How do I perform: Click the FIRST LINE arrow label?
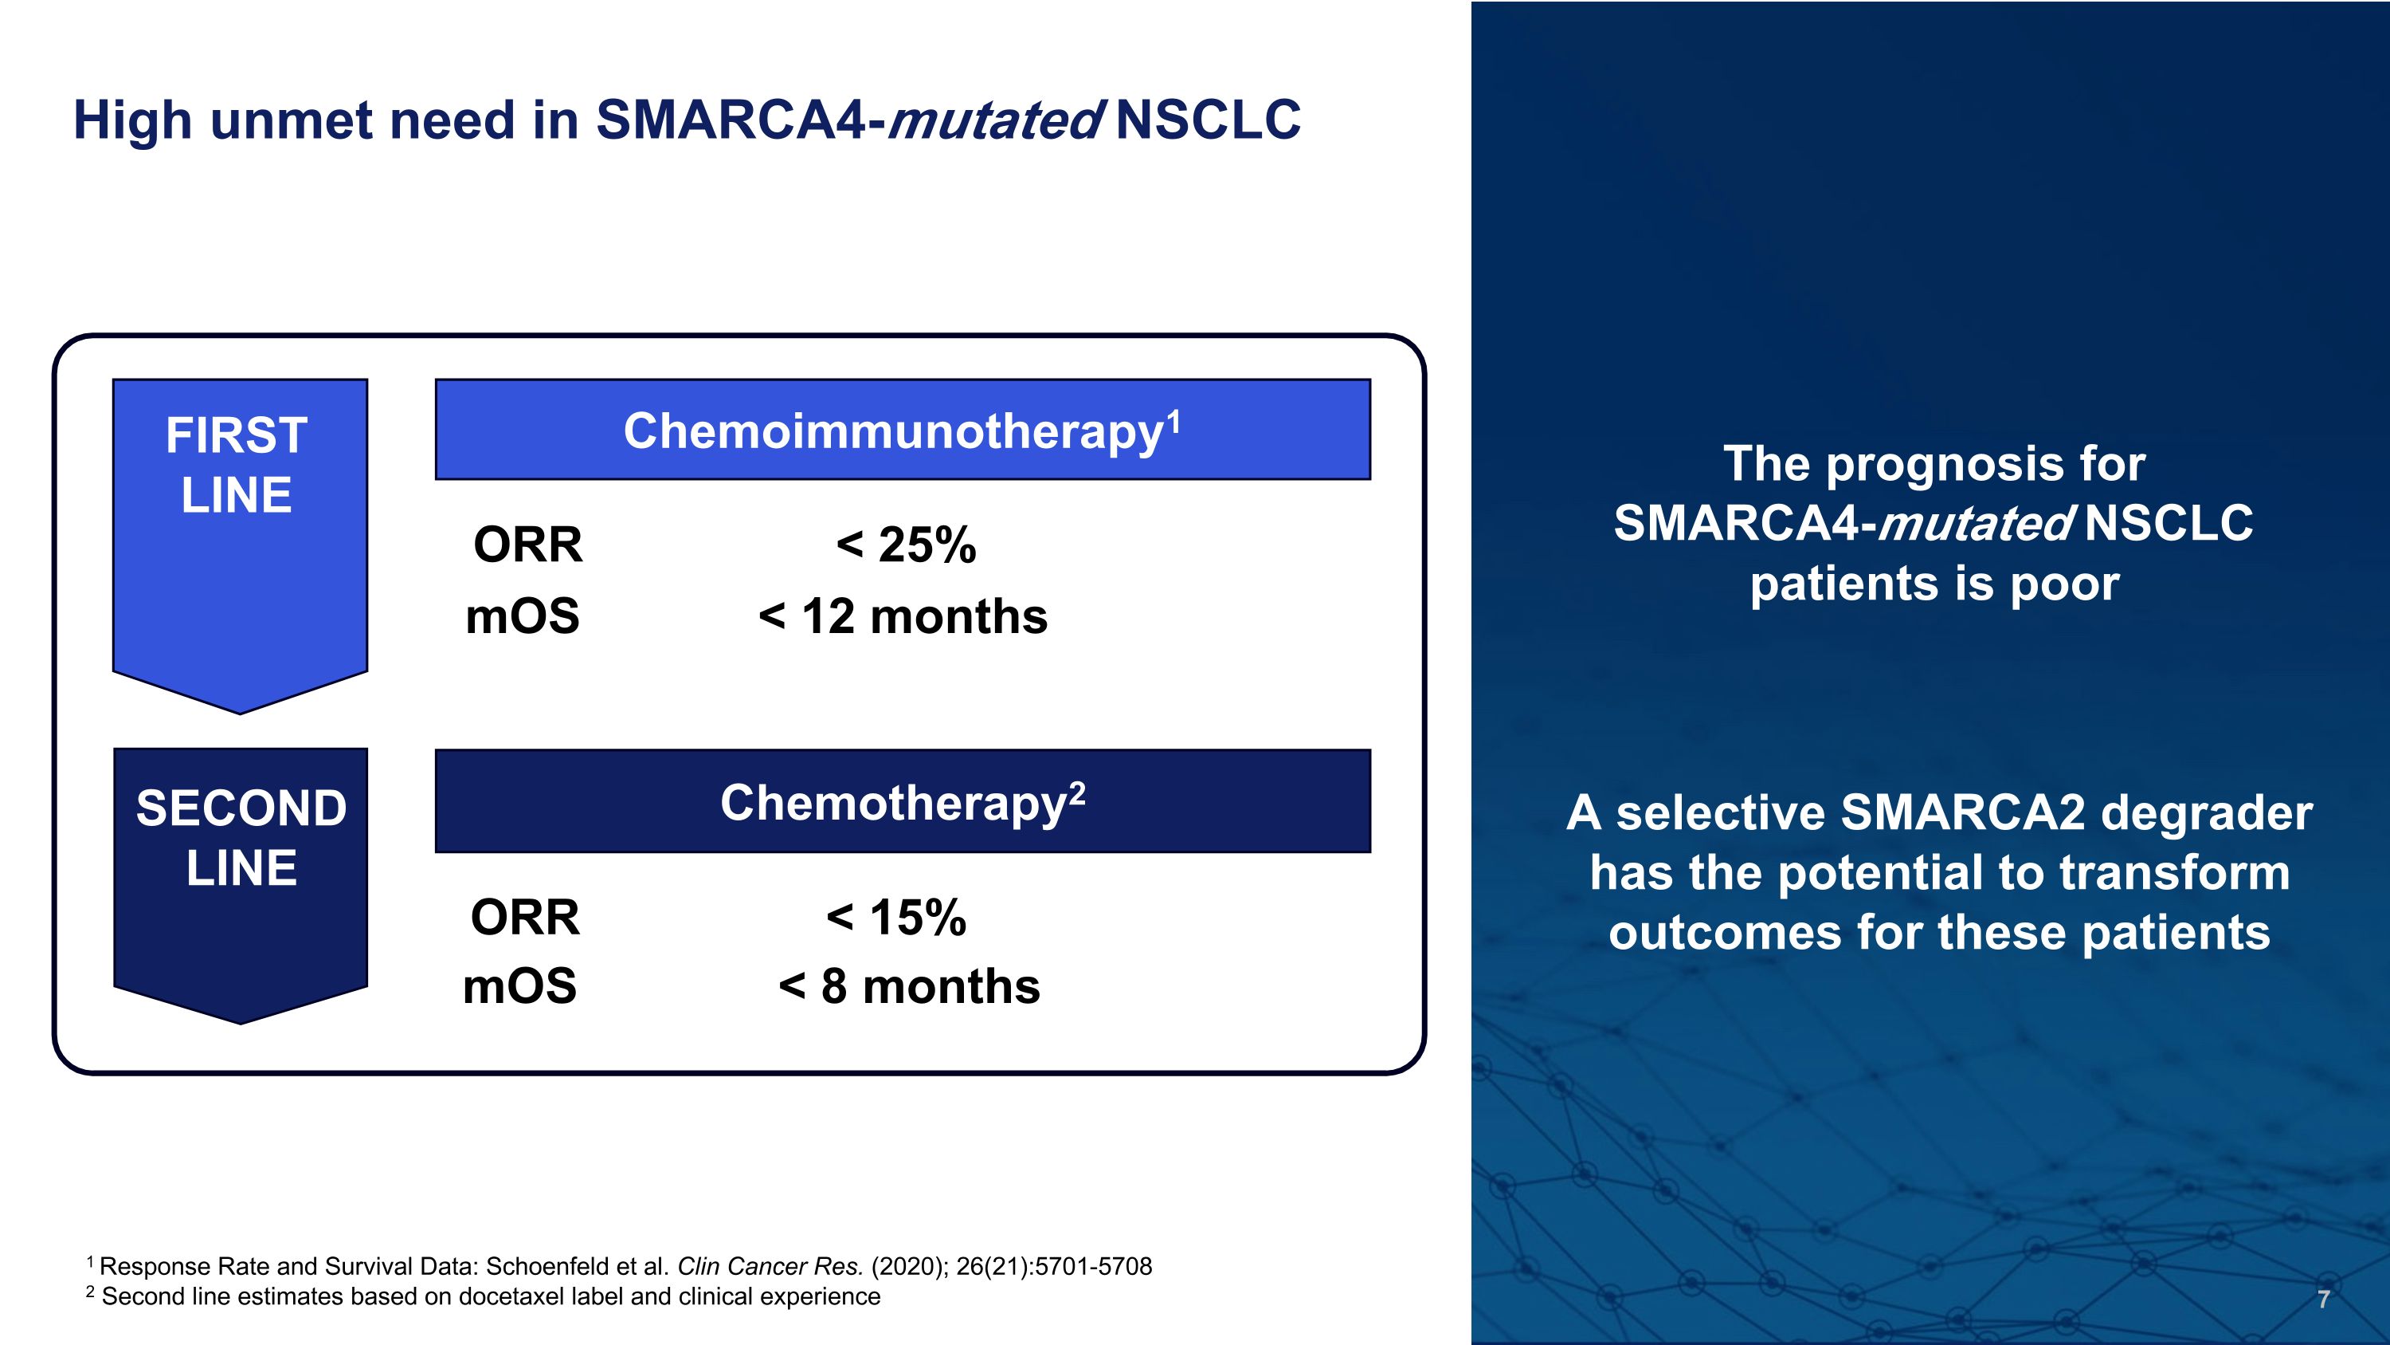click(x=238, y=465)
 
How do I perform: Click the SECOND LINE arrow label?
click(x=241, y=838)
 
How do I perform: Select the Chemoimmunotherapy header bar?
click(x=902, y=430)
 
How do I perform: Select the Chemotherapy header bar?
click(x=902, y=802)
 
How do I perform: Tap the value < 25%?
click(x=906, y=545)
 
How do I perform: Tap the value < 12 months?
click(x=903, y=616)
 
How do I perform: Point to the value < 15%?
click(x=896, y=918)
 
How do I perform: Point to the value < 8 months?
click(x=909, y=987)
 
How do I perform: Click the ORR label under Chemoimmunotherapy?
click(x=528, y=545)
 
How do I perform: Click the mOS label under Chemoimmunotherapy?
click(x=523, y=616)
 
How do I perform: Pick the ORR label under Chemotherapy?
click(x=525, y=918)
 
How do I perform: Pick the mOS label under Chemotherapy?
click(x=519, y=987)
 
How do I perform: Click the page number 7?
click(x=2323, y=1300)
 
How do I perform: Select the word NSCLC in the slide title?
click(x=1208, y=120)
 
